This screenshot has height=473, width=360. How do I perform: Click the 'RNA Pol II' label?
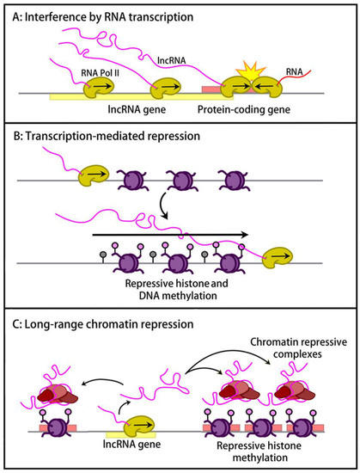pos(100,73)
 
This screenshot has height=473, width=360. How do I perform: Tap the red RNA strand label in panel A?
pos(295,71)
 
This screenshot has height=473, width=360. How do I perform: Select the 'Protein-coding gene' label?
pos(244,109)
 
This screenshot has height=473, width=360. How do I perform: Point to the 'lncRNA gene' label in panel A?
pos(137,109)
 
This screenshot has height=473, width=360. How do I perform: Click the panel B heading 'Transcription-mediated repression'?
pos(107,136)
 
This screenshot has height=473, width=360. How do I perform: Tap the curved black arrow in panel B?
pos(162,206)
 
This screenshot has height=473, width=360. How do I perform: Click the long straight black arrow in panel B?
pos(170,235)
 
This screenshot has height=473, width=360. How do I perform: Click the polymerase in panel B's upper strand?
pos(94,175)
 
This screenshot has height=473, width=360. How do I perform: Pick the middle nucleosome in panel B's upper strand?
pos(181,180)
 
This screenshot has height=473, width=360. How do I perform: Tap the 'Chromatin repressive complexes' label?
pos(298,347)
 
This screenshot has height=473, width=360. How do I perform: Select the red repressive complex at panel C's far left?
pos(58,394)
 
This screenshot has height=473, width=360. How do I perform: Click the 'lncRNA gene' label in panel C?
pos(131,444)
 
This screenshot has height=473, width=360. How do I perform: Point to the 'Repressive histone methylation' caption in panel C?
pos(259,451)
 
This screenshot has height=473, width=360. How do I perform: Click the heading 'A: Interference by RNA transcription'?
pos(103,17)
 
